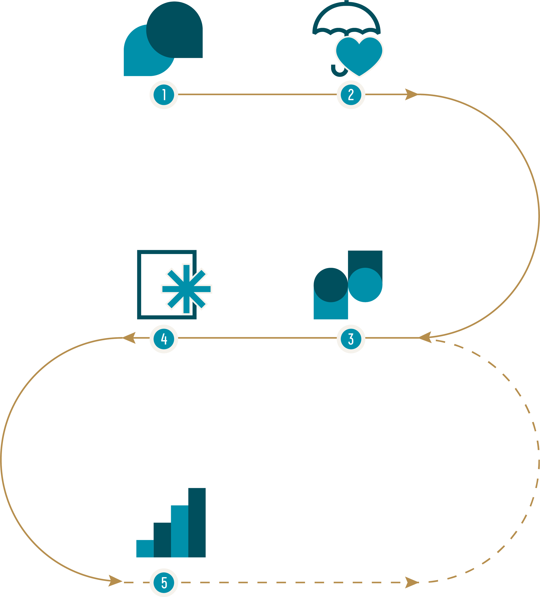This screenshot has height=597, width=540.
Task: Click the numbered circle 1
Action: (164, 95)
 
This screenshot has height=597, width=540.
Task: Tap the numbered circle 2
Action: (351, 95)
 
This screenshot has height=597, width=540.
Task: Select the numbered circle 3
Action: (351, 339)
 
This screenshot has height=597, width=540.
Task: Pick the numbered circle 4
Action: (164, 339)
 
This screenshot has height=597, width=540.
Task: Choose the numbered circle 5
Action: (164, 583)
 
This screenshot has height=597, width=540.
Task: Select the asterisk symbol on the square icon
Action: (186, 289)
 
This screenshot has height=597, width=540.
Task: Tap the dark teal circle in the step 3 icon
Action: (330, 285)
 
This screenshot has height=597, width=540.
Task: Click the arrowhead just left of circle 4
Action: (129, 338)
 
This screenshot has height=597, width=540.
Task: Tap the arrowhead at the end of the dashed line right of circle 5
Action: (411, 583)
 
